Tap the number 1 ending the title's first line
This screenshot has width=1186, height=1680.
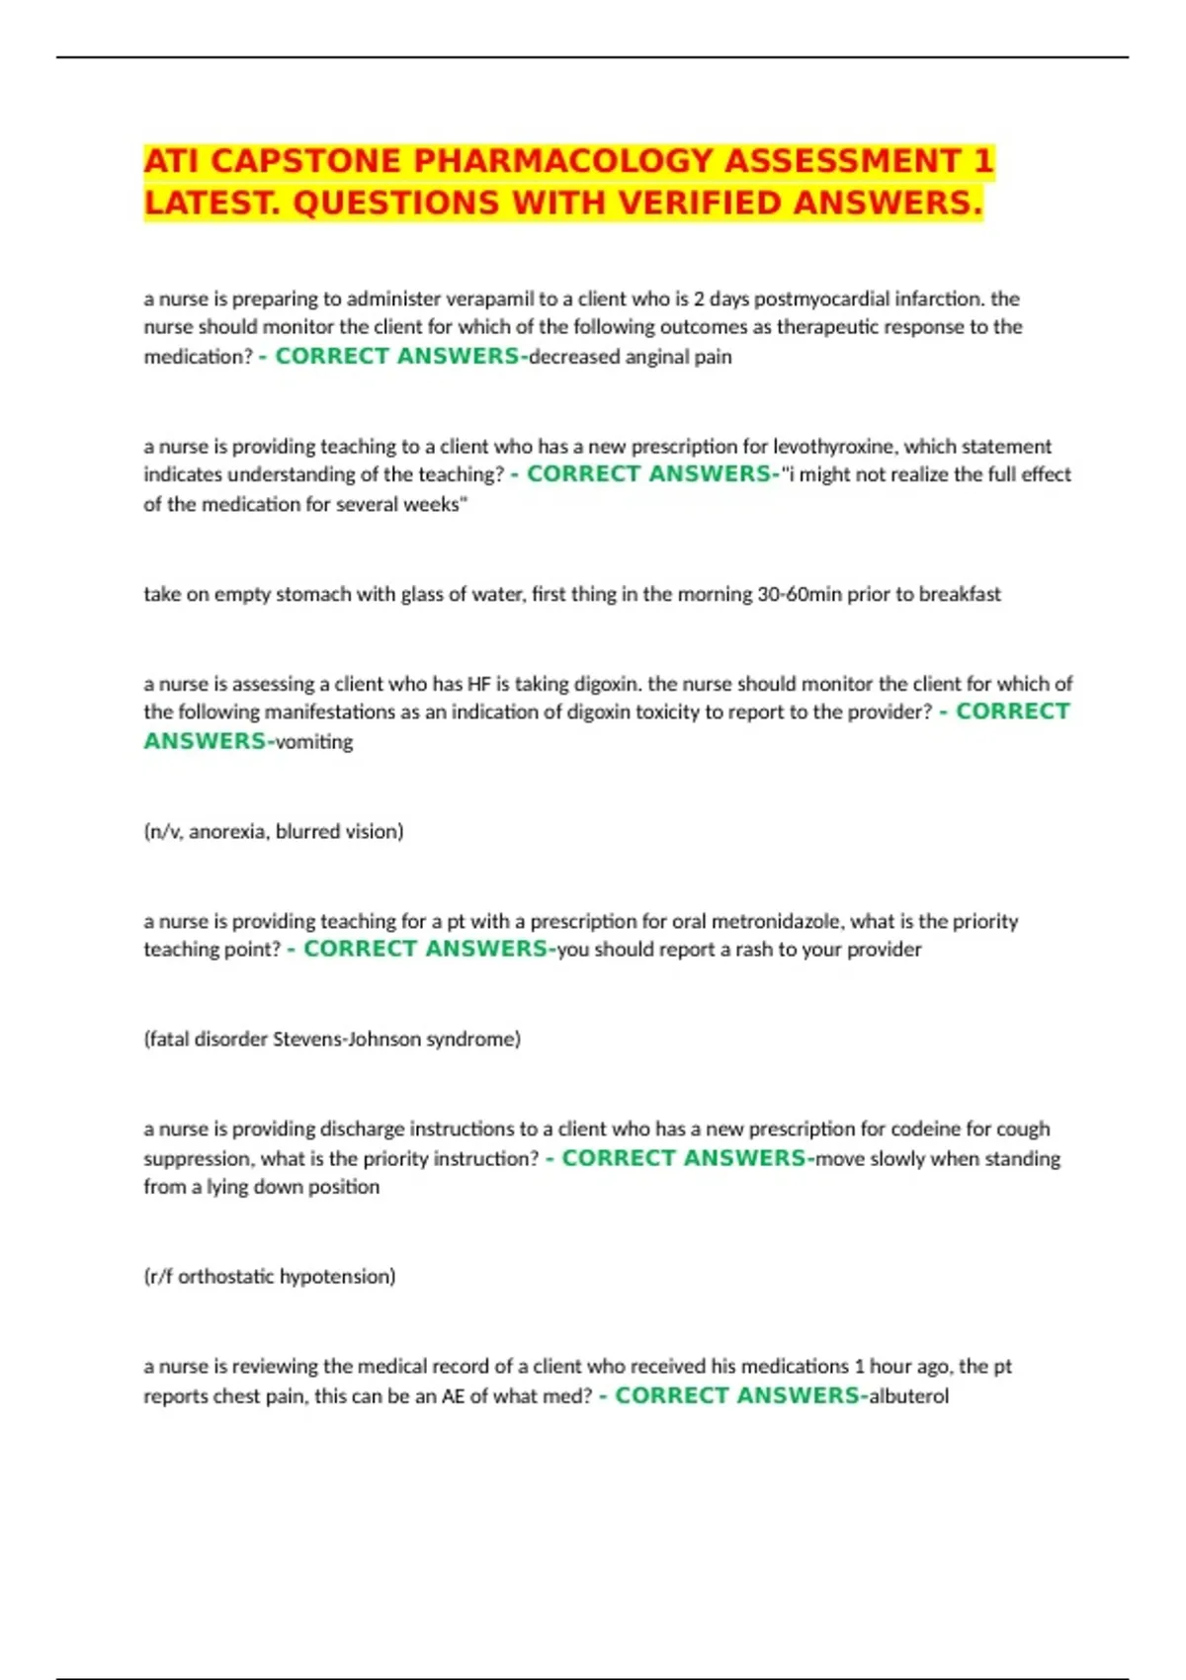tap(982, 160)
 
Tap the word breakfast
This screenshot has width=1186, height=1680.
tap(960, 594)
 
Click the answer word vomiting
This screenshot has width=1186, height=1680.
tap(313, 741)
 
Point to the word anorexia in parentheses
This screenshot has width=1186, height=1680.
tap(227, 831)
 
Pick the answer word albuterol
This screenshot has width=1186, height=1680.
tap(908, 1395)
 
